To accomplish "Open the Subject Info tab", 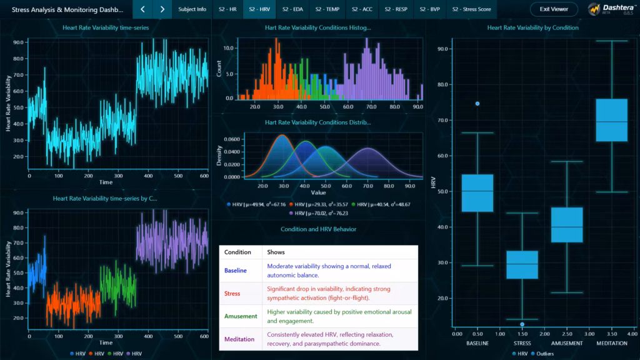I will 192,9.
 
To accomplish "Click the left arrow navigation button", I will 142,9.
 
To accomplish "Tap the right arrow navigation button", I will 162,9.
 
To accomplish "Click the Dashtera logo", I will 611,9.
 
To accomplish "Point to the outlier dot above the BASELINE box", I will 477,104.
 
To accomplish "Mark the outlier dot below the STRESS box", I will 522,324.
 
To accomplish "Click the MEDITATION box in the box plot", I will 611,120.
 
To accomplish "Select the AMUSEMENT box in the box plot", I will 566,225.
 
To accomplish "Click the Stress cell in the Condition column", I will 232,293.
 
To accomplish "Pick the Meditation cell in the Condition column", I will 239,339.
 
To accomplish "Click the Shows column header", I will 276,252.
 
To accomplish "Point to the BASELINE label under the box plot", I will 477,343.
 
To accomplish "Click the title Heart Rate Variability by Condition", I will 532,27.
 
